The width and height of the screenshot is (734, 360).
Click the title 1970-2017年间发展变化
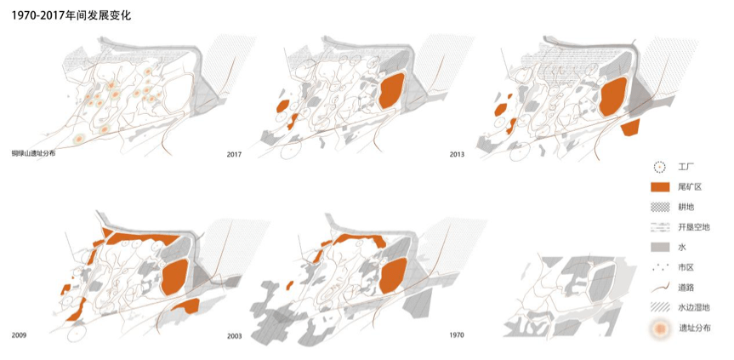pyautogui.click(x=71, y=15)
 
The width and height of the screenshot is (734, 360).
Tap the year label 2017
pyautogui.click(x=234, y=154)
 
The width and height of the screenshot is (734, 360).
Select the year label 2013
pyautogui.click(x=457, y=154)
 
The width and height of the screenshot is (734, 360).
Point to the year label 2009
pyautogui.click(x=19, y=335)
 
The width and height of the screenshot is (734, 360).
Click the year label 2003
pyautogui.click(x=235, y=335)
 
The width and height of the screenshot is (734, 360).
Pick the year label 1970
pyautogui.click(x=457, y=335)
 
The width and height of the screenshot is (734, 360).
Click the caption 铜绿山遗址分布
pyautogui.click(x=33, y=153)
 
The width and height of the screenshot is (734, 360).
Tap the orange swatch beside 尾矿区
pyautogui.click(x=659, y=187)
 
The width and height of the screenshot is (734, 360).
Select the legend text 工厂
pyautogui.click(x=686, y=167)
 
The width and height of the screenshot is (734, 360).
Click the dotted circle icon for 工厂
pyautogui.click(x=659, y=167)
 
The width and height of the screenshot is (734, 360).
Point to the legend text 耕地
pyautogui.click(x=686, y=207)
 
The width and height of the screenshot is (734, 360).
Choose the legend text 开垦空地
pyautogui.click(x=694, y=227)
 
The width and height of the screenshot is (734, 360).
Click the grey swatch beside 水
pyautogui.click(x=659, y=247)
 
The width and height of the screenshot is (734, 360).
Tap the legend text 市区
pyautogui.click(x=686, y=268)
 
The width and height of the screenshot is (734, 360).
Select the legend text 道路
pyautogui.click(x=686, y=288)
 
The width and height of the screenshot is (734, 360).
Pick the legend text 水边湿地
pyautogui.click(x=694, y=307)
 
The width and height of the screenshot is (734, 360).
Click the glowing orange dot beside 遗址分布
pyautogui.click(x=659, y=329)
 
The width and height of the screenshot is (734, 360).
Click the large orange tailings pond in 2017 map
pyautogui.click(x=391, y=91)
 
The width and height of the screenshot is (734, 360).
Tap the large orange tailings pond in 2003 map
pyautogui.click(x=393, y=277)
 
